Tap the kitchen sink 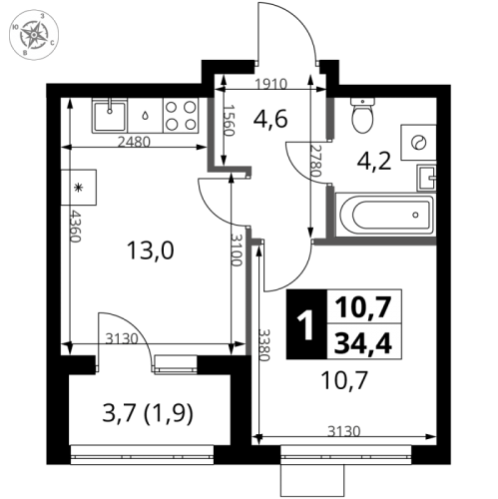tap(108, 117)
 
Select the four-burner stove tap(180, 115)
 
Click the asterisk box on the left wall tap(78, 187)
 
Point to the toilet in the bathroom tap(363, 119)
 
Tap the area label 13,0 tap(151, 249)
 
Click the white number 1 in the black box tap(305, 326)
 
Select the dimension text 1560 tap(229, 125)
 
